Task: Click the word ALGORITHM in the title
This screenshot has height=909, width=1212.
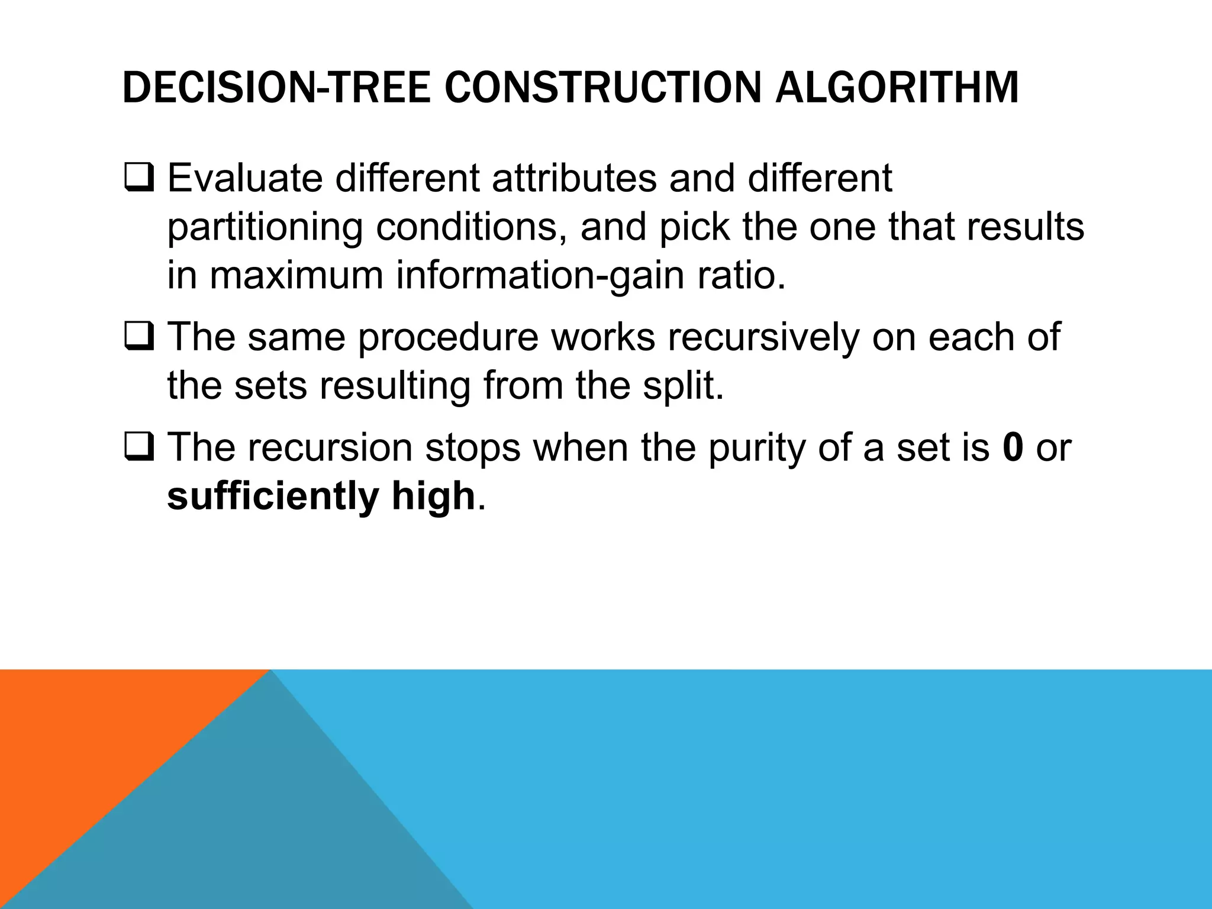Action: [897, 88]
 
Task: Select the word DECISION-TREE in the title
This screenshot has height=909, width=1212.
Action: [276, 88]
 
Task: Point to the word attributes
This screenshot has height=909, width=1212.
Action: [574, 178]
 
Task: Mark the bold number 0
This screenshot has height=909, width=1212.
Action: [1013, 447]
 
